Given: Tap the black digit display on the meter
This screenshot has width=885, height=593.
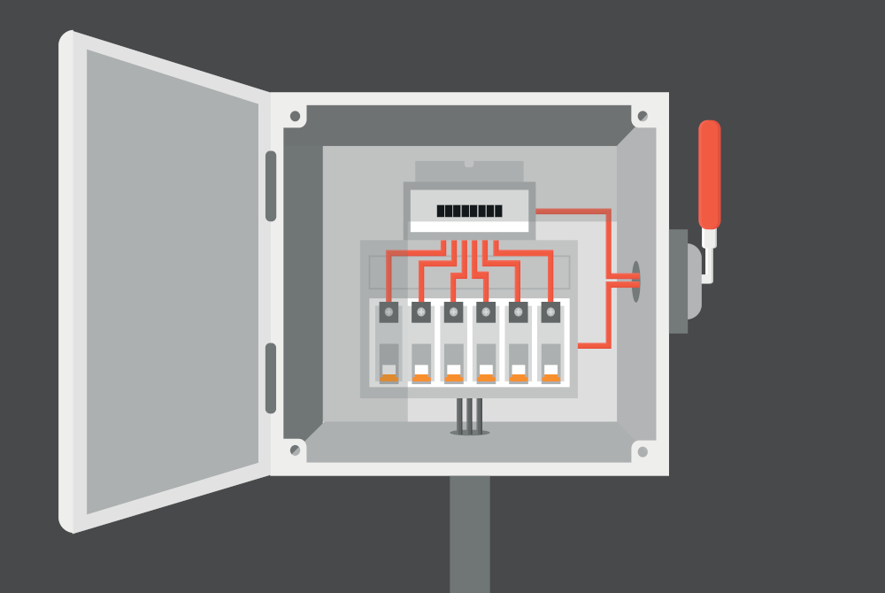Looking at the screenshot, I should pyautogui.click(x=469, y=212).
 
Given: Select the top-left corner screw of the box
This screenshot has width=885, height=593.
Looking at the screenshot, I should pyautogui.click(x=295, y=116).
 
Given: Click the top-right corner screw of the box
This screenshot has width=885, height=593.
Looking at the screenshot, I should pyautogui.click(x=643, y=116).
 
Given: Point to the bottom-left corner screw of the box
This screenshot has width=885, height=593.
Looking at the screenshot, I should pyautogui.click(x=295, y=451).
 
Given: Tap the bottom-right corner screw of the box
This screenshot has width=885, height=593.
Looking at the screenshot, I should pyautogui.click(x=643, y=451).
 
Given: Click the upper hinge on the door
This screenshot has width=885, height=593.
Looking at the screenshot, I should pyautogui.click(x=271, y=186).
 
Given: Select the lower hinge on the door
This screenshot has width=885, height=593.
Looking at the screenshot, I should pyautogui.click(x=271, y=378).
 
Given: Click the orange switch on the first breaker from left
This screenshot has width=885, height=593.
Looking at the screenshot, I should pyautogui.click(x=389, y=378).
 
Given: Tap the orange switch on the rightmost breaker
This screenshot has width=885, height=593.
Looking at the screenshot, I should pyautogui.click(x=550, y=378).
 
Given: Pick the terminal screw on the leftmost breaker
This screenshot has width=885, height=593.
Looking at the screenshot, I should pyautogui.click(x=389, y=312).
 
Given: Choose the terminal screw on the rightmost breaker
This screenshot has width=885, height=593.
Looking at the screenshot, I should pyautogui.click(x=550, y=312).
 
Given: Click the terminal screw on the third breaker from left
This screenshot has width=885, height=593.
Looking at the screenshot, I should pyautogui.click(x=453, y=312).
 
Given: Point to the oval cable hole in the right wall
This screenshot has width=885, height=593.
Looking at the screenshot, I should pyautogui.click(x=635, y=281).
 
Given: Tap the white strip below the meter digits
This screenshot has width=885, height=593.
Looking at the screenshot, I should pyautogui.click(x=469, y=227).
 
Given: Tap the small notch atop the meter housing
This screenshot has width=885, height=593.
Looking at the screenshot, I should pyautogui.click(x=469, y=164).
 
